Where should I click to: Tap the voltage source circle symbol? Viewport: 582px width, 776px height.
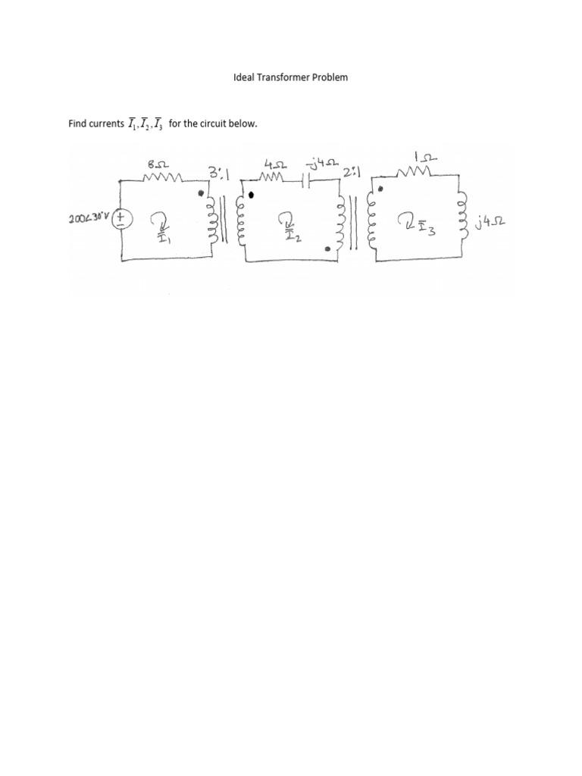(124, 218)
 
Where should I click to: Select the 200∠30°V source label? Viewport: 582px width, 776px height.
(89, 218)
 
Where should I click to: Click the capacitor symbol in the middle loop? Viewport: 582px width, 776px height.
(305, 181)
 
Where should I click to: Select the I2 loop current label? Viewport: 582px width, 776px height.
(290, 227)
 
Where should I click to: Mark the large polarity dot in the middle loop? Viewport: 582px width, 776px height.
(252, 195)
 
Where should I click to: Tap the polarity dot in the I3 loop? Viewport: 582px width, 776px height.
(380, 189)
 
